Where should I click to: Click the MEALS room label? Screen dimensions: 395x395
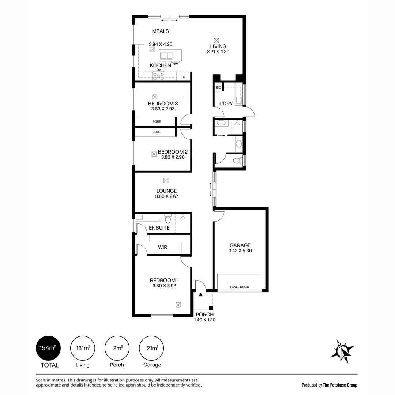click(161, 31)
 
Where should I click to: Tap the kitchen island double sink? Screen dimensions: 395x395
click(166, 56)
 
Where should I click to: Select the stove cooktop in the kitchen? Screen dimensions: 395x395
click(159, 76)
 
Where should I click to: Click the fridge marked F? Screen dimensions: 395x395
click(184, 76)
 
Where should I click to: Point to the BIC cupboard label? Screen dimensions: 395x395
click(218, 87)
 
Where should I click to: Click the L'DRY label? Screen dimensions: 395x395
click(226, 104)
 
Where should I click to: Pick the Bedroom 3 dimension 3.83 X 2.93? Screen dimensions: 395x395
click(163, 109)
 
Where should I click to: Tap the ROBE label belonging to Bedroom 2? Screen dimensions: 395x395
click(157, 132)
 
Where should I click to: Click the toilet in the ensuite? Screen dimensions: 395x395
click(168, 219)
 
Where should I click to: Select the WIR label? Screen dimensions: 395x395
click(162, 247)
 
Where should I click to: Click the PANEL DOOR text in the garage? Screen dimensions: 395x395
click(239, 287)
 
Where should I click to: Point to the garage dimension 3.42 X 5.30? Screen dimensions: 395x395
click(240, 251)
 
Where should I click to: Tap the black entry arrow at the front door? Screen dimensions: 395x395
click(200, 294)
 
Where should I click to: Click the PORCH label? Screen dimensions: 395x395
click(204, 315)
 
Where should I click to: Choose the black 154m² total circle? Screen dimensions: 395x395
click(48, 348)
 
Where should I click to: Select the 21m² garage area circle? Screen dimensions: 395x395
click(151, 348)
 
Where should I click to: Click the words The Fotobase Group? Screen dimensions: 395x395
click(340, 385)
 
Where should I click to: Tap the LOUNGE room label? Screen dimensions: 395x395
click(166, 191)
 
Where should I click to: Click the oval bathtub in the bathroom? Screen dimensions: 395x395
click(221, 123)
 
